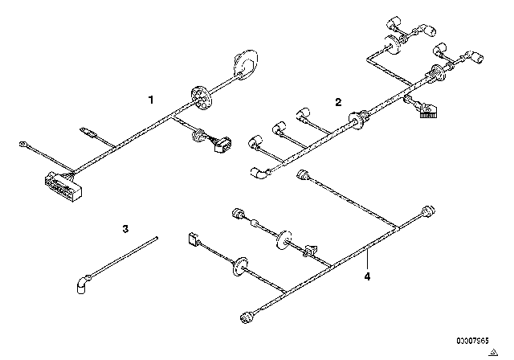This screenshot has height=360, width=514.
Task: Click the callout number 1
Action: click(x=151, y=100)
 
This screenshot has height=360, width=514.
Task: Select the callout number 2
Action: click(x=338, y=102)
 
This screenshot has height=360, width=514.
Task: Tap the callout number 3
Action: click(x=125, y=229)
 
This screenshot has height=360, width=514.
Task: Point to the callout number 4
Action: click(x=367, y=276)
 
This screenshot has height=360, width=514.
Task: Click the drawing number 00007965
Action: click(x=472, y=341)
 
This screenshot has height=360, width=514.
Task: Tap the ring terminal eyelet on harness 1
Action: click(x=23, y=144)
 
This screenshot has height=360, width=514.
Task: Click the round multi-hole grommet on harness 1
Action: click(x=201, y=96)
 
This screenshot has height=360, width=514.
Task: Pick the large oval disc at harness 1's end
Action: click(x=246, y=64)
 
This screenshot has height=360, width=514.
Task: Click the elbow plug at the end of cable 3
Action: click(x=83, y=284)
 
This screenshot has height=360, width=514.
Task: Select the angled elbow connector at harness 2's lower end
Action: click(x=260, y=173)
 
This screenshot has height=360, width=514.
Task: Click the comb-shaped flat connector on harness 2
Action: click(x=429, y=111)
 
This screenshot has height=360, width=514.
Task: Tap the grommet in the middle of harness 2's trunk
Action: click(x=357, y=120)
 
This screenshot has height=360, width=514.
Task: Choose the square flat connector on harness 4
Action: click(x=192, y=239)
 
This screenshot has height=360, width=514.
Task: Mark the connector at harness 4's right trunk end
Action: click(x=428, y=211)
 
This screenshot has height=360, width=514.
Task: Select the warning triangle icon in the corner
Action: click(x=493, y=353)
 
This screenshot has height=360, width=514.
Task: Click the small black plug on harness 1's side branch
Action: click(x=222, y=145)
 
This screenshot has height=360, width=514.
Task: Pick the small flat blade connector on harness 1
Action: click(x=88, y=132)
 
